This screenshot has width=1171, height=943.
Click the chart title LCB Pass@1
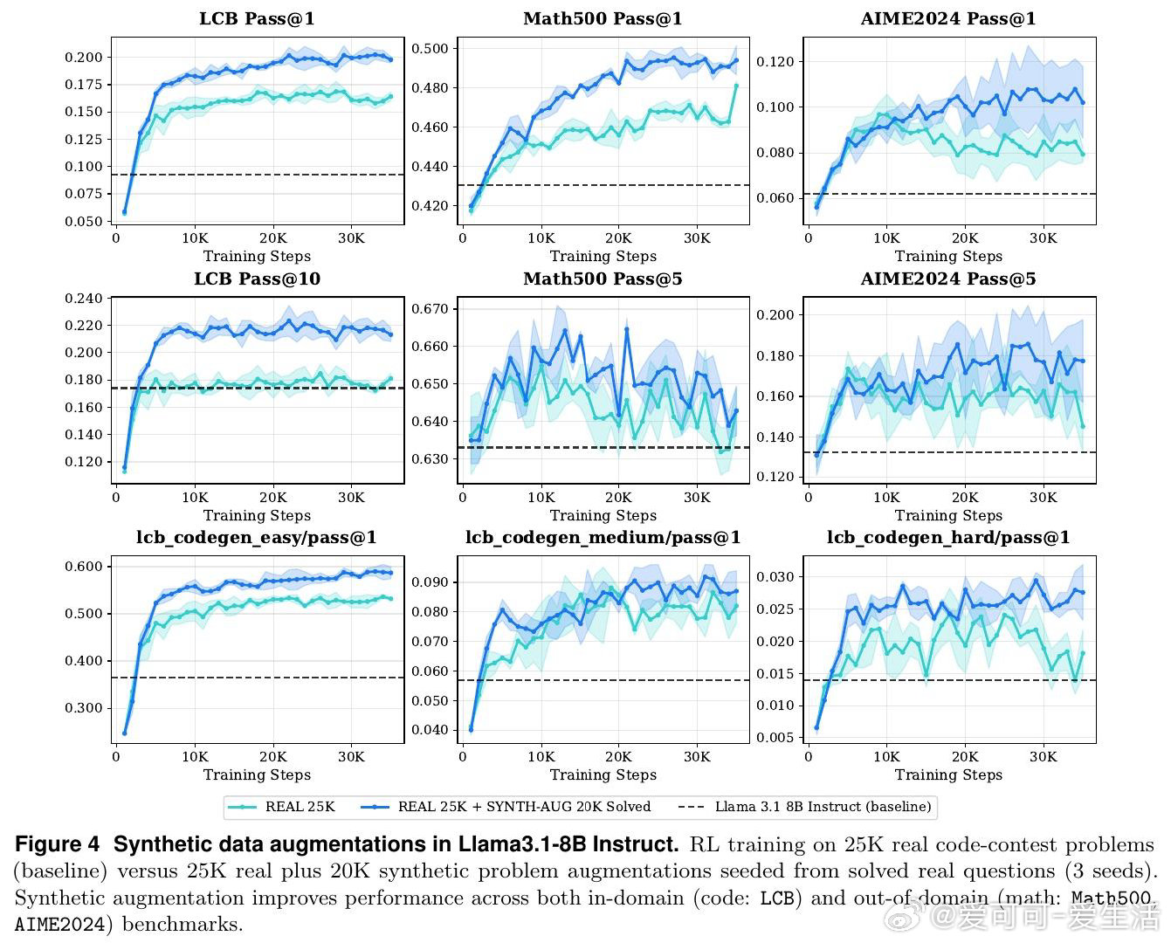click(x=257, y=18)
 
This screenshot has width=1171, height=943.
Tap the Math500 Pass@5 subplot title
click(x=603, y=279)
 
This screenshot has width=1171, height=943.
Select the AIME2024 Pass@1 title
click(x=948, y=18)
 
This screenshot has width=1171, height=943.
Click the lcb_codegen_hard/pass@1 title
click(x=948, y=538)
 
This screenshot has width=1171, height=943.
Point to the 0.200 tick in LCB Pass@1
click(x=83, y=58)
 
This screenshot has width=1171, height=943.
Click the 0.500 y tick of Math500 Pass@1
click(x=430, y=49)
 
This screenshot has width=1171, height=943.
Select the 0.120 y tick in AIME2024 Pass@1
click(x=775, y=62)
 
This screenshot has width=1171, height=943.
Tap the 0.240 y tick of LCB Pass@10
click(x=83, y=299)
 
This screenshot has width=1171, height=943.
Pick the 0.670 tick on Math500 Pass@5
click(x=430, y=309)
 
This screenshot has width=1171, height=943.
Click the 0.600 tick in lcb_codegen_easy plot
click(x=83, y=567)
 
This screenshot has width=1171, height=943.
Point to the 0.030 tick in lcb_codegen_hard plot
click(x=775, y=577)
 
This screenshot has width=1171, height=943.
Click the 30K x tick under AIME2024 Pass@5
click(x=1043, y=498)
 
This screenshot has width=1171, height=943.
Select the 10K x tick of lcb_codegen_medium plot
click(x=541, y=757)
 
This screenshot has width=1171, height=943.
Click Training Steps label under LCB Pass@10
click(x=257, y=515)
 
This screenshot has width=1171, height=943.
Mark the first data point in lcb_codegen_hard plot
click(x=816, y=727)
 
